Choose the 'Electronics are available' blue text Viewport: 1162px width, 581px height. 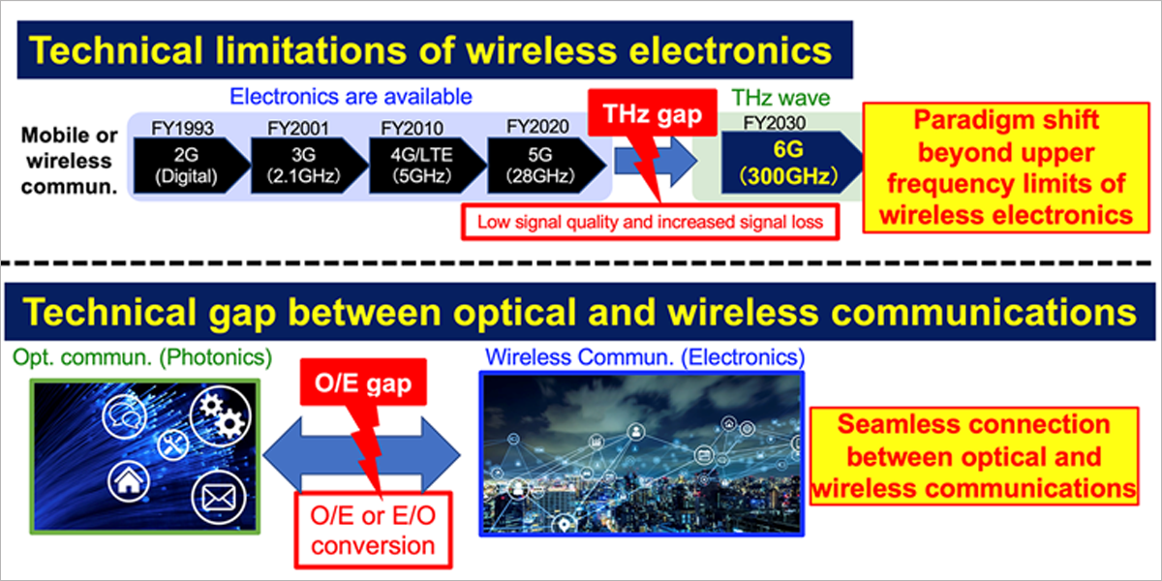pos(351,97)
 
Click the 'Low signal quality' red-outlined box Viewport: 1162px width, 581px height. pos(649,222)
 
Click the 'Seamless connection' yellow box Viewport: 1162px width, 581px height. pos(973,456)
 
